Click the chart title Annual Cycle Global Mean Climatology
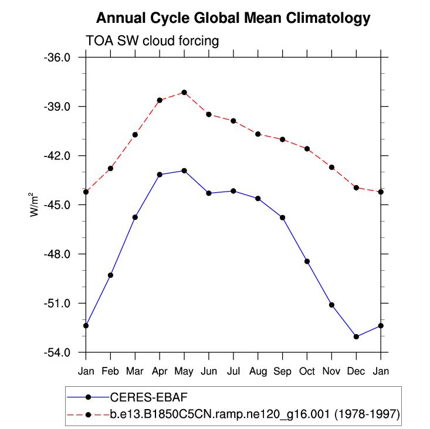click(x=233, y=18)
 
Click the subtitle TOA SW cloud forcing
click(x=152, y=41)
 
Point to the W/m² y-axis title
click(x=35, y=204)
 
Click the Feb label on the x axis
click(x=110, y=371)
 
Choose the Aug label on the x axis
click(x=258, y=371)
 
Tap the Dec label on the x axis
click(x=356, y=371)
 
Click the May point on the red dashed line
click(x=184, y=93)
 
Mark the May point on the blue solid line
click(x=184, y=171)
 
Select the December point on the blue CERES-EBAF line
click(x=356, y=336)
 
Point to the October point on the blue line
click(x=307, y=261)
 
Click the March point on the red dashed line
click(x=135, y=135)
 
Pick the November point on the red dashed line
click(x=331, y=168)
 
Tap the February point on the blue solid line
click(x=110, y=275)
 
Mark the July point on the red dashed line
click(x=233, y=121)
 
